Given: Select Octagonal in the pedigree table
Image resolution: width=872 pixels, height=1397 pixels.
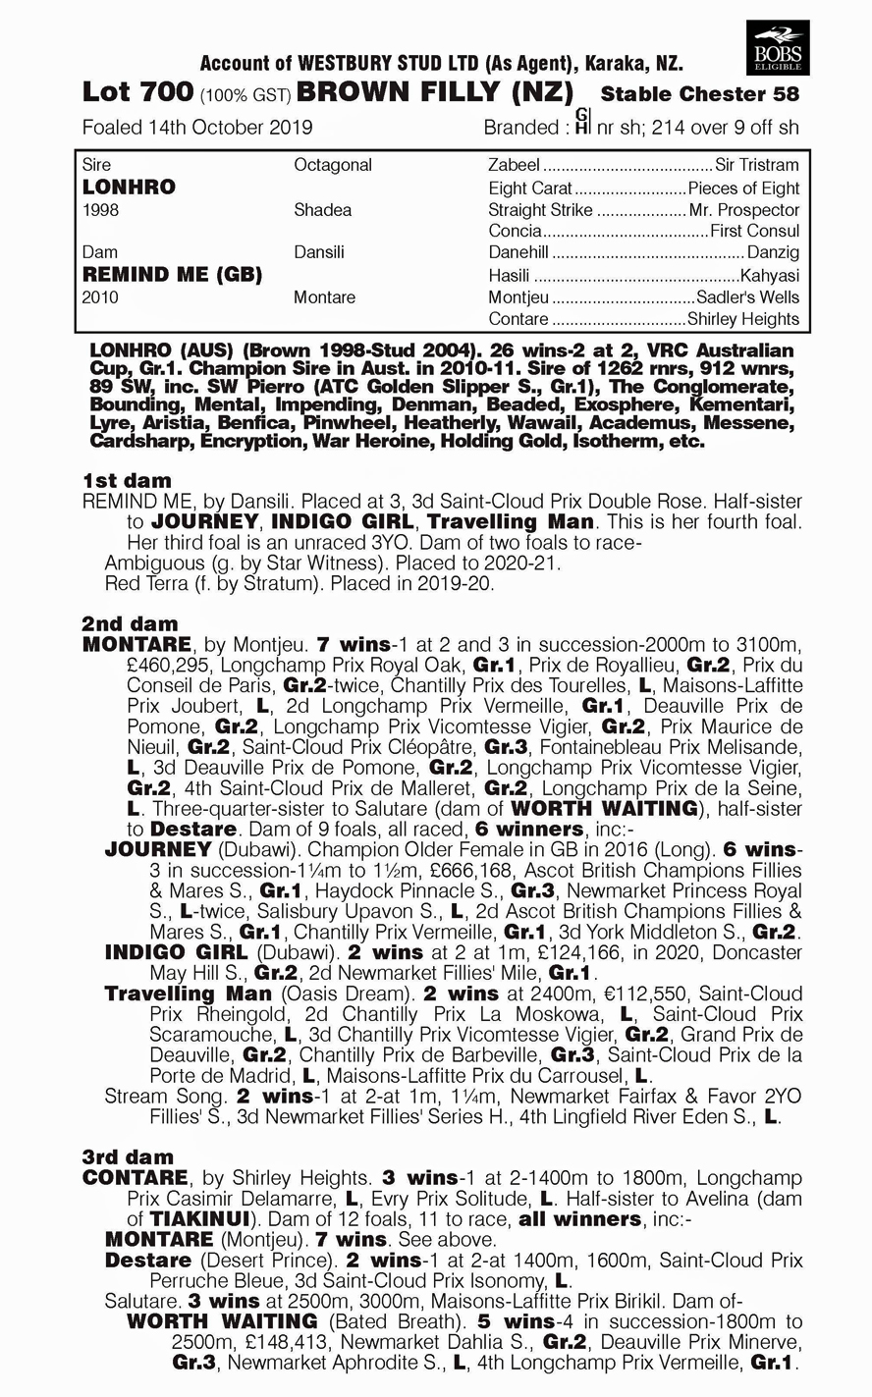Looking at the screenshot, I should coord(333,165).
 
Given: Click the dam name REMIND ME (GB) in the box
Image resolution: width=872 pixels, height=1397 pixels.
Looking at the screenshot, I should coord(172,274).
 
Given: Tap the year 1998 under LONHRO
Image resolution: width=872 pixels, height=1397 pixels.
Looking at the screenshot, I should coord(101,210).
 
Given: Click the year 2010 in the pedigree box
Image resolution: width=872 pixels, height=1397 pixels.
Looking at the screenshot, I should coord(101,297).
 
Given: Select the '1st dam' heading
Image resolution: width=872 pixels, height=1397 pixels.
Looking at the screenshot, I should coord(127,480).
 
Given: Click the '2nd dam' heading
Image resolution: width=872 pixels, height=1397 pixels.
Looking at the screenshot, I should coord(130,623).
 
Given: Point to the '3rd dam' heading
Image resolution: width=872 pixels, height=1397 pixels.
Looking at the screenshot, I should coord(129,1156).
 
